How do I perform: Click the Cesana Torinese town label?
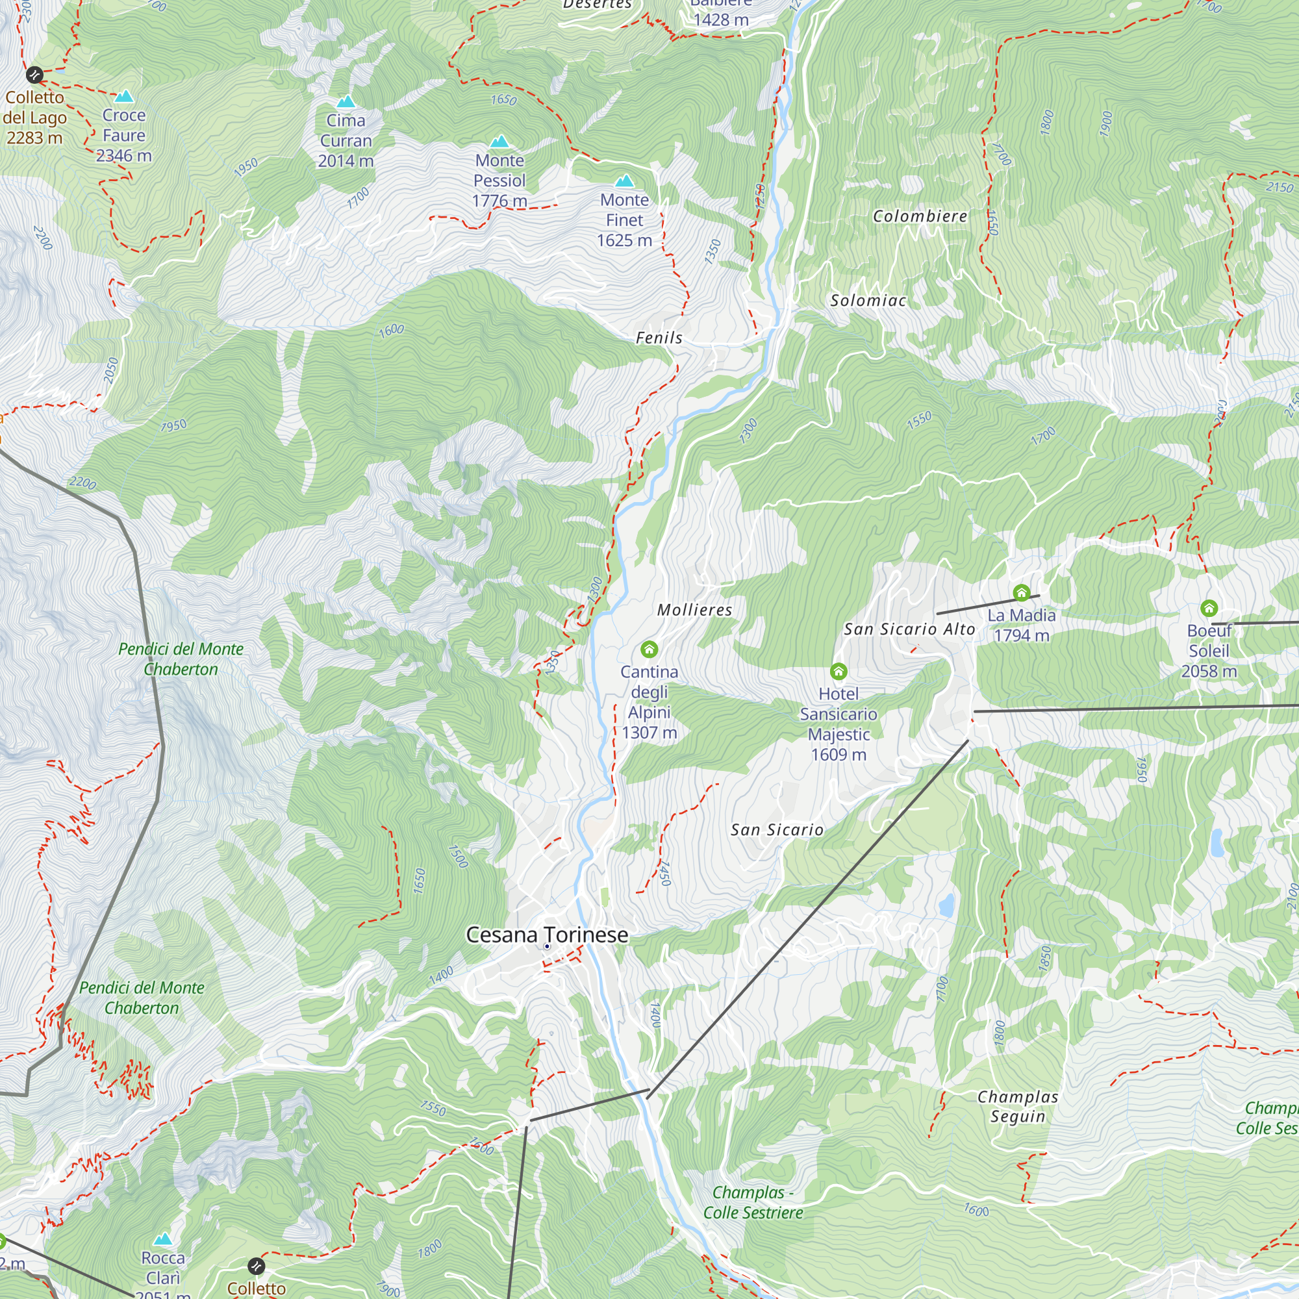tap(547, 935)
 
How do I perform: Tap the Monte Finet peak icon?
tap(625, 181)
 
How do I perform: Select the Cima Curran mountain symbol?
tap(346, 102)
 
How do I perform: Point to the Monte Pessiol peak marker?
tap(499, 142)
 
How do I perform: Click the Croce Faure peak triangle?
tap(125, 97)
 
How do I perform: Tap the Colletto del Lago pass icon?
tap(34, 75)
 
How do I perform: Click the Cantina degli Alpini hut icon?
tap(649, 649)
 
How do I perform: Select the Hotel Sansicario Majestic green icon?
tap(839, 671)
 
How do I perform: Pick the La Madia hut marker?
tap(1021, 593)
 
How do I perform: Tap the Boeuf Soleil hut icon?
tap(1209, 609)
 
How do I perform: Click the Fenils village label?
tap(659, 338)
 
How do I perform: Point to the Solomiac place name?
tap(868, 301)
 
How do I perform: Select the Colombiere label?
tap(920, 216)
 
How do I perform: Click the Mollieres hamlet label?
tap(694, 610)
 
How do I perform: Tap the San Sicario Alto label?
tap(909, 629)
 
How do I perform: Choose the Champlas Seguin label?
tap(1018, 1107)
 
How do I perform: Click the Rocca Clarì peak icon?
tap(163, 1239)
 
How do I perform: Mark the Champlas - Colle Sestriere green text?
tap(753, 1203)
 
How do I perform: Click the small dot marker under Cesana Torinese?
tap(548, 946)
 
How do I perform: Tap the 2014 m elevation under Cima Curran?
tap(346, 161)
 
